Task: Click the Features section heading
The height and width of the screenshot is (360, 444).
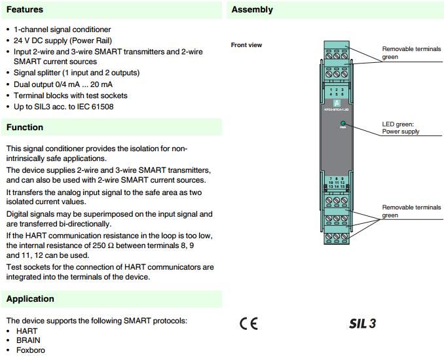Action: pyautogui.click(x=25, y=10)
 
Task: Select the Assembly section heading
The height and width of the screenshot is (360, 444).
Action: pyautogui.click(x=252, y=10)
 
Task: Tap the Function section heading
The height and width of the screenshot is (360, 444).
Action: pyautogui.click(x=25, y=127)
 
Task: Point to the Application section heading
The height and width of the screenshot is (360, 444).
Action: pyautogui.click(x=30, y=298)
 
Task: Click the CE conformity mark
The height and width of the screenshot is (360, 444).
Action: pyautogui.click(x=249, y=323)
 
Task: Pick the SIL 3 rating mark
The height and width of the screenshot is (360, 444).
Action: pyautogui.click(x=362, y=323)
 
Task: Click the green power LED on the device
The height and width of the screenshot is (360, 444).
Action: pyautogui.click(x=342, y=123)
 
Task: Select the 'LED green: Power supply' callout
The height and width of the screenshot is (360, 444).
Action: pyautogui.click(x=401, y=128)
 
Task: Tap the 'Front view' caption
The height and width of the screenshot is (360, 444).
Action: pyautogui.click(x=247, y=45)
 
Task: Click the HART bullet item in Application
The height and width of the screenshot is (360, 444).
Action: pyautogui.click(x=27, y=331)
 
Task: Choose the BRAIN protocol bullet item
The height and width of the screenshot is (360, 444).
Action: pyautogui.click(x=28, y=340)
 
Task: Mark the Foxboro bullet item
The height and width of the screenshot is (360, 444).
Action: pyautogui.click(x=31, y=350)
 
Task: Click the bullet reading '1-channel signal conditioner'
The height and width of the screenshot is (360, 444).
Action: pyautogui.click(x=62, y=30)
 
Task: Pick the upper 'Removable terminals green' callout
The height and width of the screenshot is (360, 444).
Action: pyautogui.click(x=411, y=53)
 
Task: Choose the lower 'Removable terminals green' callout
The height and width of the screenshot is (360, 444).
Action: pyautogui.click(x=411, y=211)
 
